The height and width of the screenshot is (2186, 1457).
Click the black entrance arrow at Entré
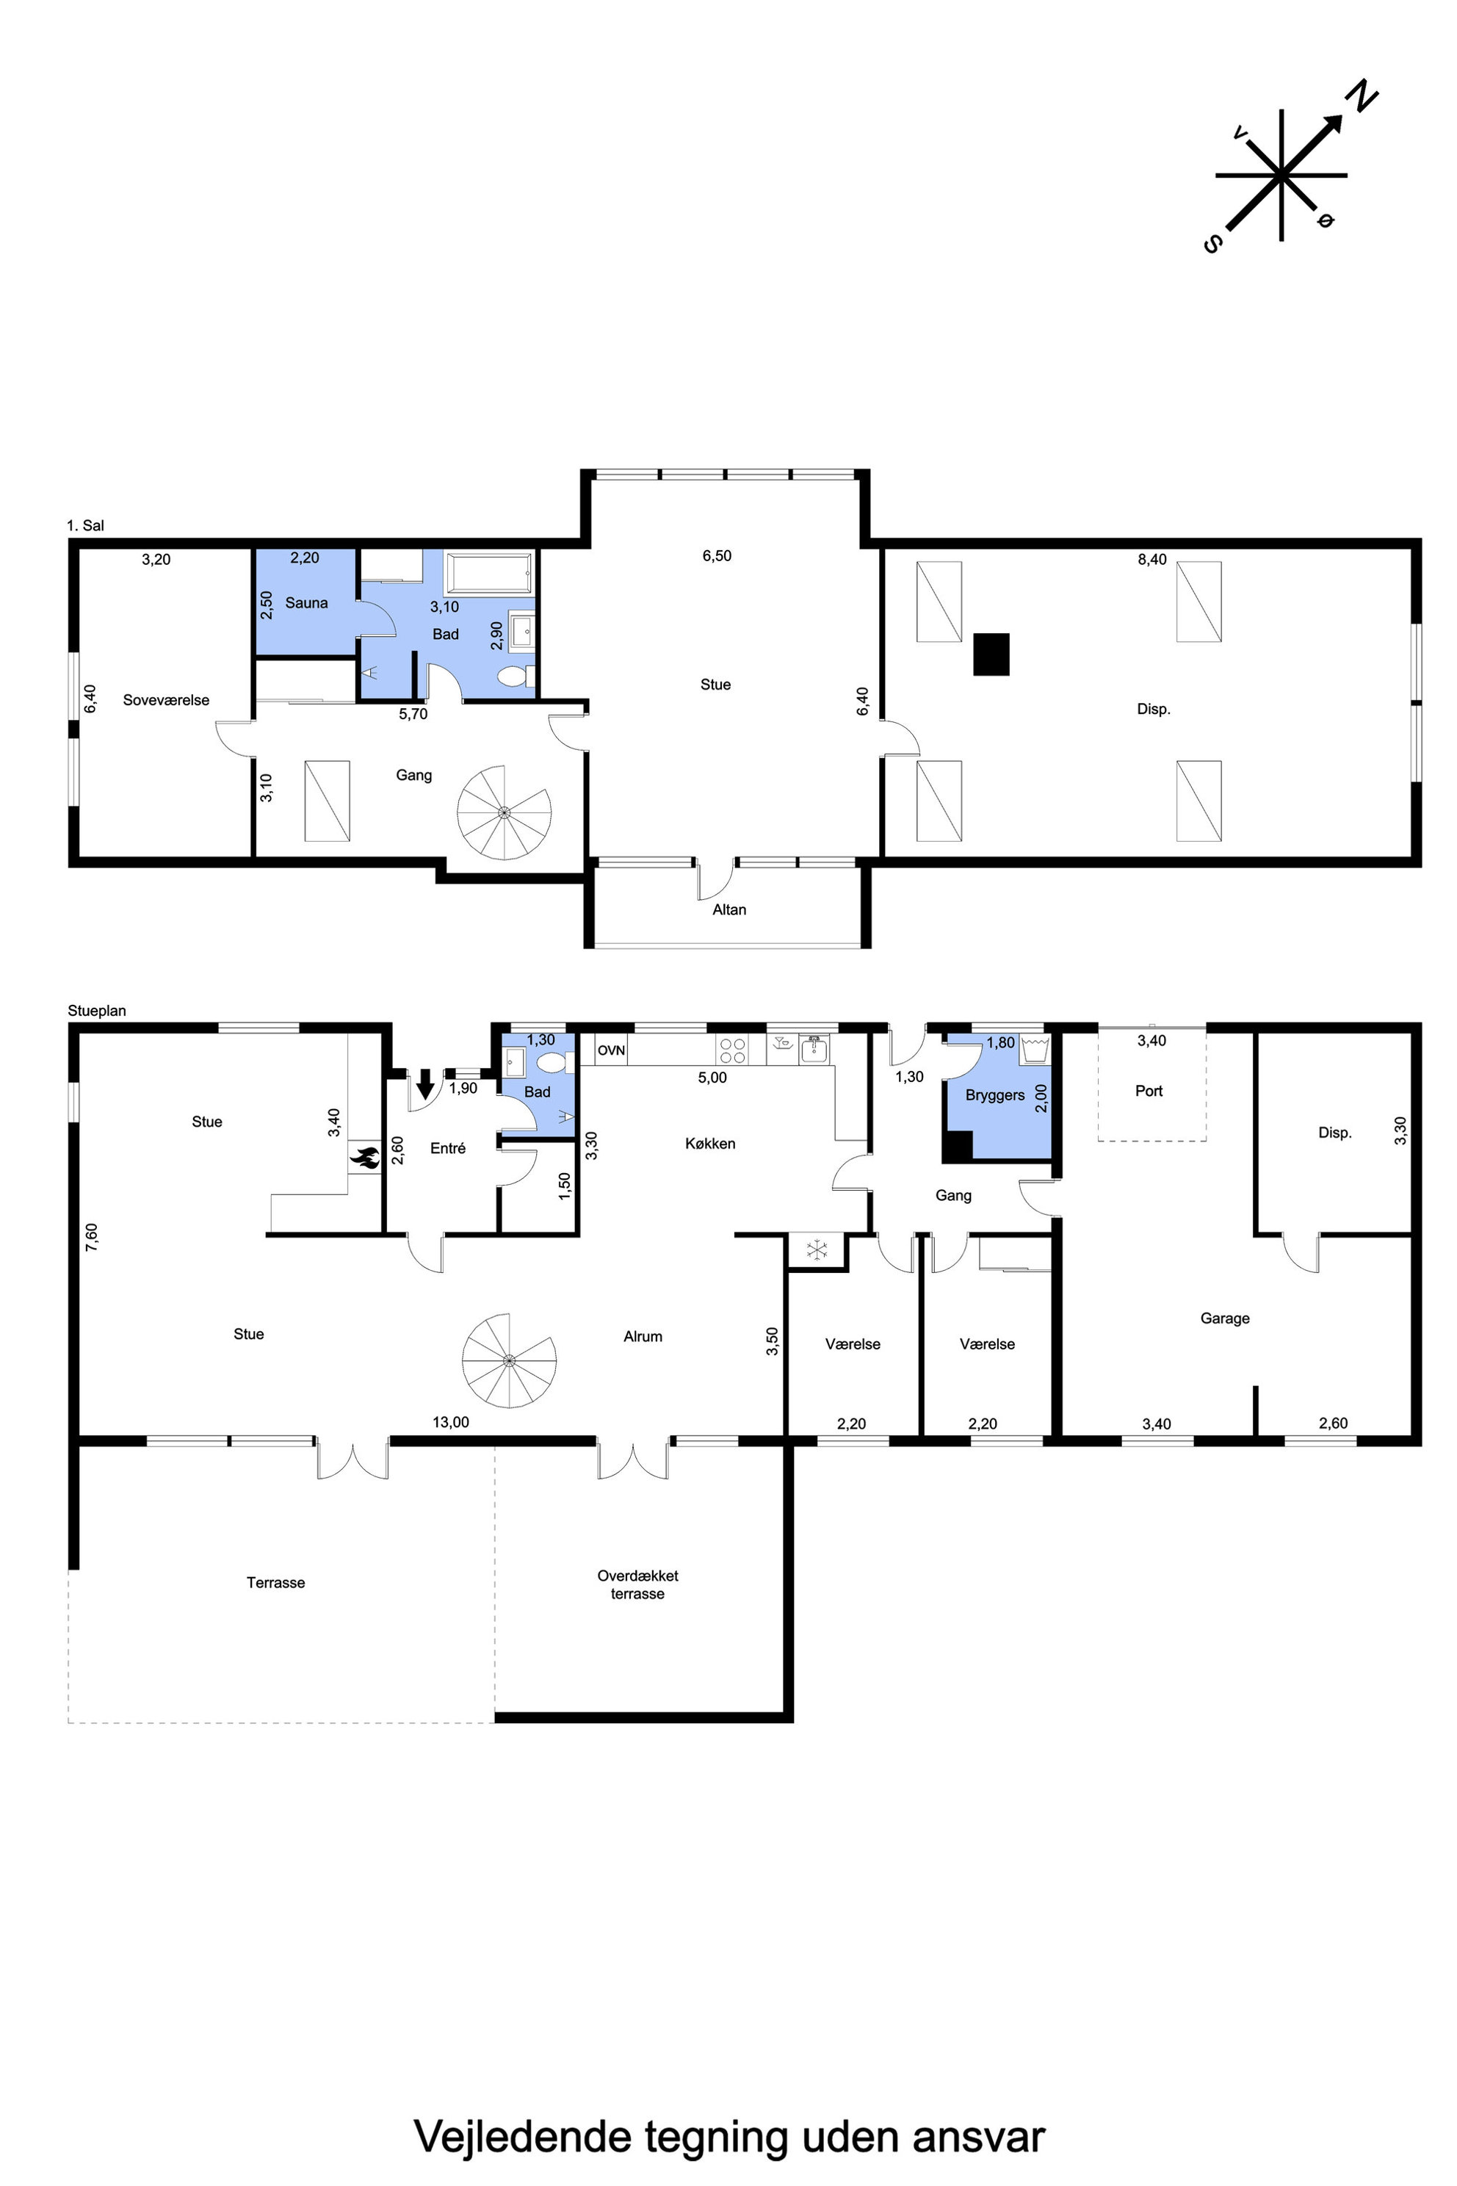tap(424, 1083)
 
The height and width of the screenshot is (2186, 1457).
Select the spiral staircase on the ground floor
tap(509, 1360)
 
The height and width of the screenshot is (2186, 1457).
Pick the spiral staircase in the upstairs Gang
tap(504, 812)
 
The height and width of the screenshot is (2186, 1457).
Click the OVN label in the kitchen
tap(612, 1050)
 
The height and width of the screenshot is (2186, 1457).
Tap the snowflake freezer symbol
tap(817, 1250)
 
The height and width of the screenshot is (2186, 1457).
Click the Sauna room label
tap(307, 603)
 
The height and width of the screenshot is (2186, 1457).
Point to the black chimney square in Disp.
tap(991, 654)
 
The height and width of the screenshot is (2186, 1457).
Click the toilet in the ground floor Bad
tap(552, 1062)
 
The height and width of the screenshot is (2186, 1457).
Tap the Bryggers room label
tap(995, 1096)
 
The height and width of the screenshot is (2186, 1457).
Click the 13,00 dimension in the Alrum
tap(451, 1422)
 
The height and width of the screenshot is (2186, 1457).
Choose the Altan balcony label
tap(729, 910)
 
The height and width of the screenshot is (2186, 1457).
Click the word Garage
tap(1225, 1319)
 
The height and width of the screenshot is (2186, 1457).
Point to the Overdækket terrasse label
tap(637, 1584)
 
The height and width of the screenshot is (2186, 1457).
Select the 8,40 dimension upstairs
tap(1152, 560)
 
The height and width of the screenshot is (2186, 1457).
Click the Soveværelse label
tap(166, 701)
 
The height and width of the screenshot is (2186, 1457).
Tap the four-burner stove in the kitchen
tap(732, 1050)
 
